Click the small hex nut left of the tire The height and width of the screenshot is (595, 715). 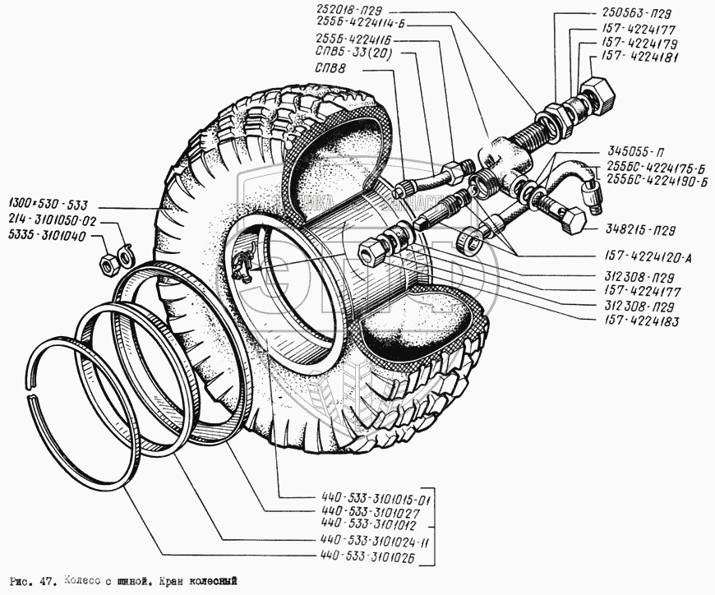pyautogui.click(x=106, y=265)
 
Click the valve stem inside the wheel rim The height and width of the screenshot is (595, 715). pyautogui.click(x=243, y=265)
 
